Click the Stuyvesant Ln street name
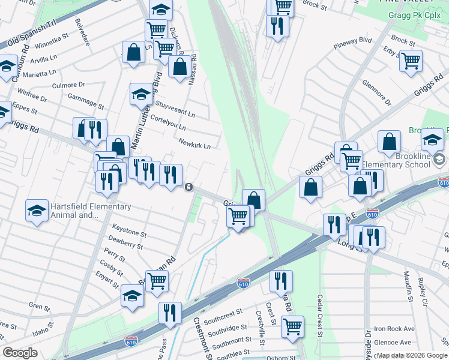point(175,108)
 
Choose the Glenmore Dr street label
point(376,93)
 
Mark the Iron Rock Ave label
point(394,329)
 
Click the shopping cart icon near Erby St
point(411,60)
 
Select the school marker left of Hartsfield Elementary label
point(37,210)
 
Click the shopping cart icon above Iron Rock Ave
point(292,326)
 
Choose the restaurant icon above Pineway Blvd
point(277,26)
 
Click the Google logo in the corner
point(20,353)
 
